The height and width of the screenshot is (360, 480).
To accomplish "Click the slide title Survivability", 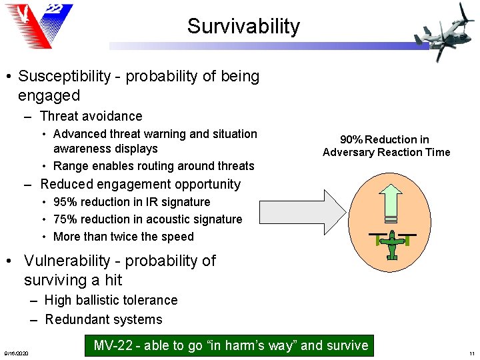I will click(243, 27).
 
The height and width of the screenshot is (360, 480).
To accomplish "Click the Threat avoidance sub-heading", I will click(91, 117).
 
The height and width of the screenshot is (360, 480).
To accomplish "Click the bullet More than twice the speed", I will click(123, 237).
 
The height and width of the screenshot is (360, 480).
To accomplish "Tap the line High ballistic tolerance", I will click(111, 301).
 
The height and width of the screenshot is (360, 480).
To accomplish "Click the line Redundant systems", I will click(103, 319).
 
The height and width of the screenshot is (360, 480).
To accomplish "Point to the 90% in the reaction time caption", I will click(351, 140).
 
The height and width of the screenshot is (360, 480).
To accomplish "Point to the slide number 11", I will click(471, 353).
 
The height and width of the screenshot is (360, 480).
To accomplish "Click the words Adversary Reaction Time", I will click(386, 153).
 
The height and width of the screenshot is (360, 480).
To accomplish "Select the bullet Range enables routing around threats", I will click(153, 166).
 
